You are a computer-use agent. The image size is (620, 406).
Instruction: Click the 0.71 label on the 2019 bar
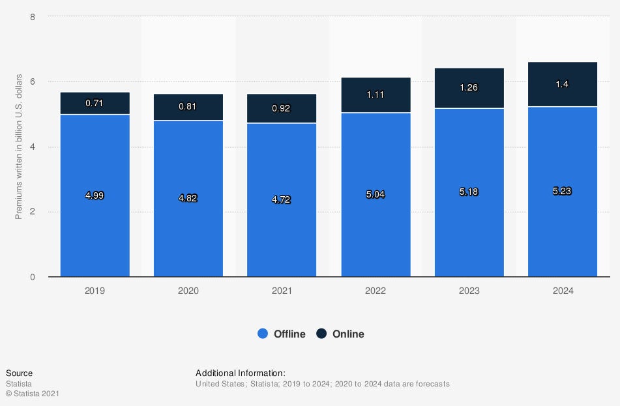(95, 103)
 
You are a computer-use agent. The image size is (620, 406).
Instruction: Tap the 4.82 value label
(188, 198)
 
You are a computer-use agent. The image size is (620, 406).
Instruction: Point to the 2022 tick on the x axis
(376, 291)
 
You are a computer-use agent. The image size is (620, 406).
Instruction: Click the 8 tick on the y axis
(33, 16)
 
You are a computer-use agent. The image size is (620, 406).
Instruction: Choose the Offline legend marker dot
(263, 334)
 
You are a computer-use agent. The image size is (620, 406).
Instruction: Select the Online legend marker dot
(321, 334)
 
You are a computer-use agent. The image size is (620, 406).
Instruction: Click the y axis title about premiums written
(19, 147)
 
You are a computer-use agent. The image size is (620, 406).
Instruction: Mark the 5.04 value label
(376, 194)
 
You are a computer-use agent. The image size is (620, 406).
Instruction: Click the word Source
(19, 373)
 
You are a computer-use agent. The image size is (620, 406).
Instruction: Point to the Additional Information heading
(241, 373)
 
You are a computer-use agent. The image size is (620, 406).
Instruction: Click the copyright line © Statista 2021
(33, 394)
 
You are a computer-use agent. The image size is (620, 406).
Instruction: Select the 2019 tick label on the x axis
(95, 291)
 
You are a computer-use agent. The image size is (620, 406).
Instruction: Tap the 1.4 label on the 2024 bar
(563, 84)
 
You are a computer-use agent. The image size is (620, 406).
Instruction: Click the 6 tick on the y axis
(33, 81)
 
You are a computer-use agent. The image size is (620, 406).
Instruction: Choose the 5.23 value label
(563, 191)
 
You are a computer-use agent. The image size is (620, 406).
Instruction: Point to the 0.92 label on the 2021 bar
(281, 109)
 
